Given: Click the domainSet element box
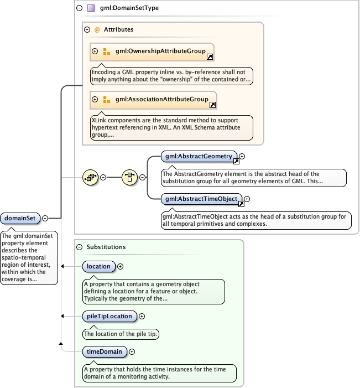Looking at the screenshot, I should tap(20, 219).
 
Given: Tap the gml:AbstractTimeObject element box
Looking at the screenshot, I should tap(201, 199).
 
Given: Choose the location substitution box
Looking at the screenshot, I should tap(99, 266).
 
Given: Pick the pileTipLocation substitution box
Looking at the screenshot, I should tap(109, 316).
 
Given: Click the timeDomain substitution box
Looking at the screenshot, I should tap(105, 351).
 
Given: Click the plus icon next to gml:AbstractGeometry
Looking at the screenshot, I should tap(242, 157).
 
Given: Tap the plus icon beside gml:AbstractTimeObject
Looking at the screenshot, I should tap(247, 199).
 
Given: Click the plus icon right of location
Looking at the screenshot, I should tap(121, 266).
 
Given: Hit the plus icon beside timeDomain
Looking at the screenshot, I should tap(132, 351).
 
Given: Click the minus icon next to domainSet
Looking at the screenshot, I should tap(45, 219).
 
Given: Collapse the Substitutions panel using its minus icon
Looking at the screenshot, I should tap(80, 247).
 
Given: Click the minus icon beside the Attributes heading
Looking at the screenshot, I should tap(87, 29).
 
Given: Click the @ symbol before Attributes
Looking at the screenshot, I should tap(97, 29).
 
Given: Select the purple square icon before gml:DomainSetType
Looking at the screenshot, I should tap(91, 8).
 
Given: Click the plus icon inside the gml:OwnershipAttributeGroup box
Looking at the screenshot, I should tap(95, 51).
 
